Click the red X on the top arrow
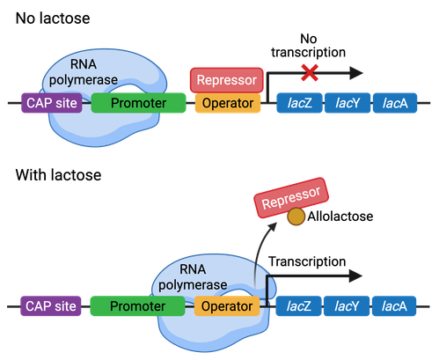(x=309, y=72)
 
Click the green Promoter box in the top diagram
(x=138, y=104)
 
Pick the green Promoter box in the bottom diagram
(x=137, y=306)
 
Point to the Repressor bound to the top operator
(x=226, y=79)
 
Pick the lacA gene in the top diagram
(x=394, y=104)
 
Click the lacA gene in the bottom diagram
(x=394, y=306)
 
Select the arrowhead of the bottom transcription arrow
(x=354, y=276)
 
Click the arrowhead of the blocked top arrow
(x=354, y=73)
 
